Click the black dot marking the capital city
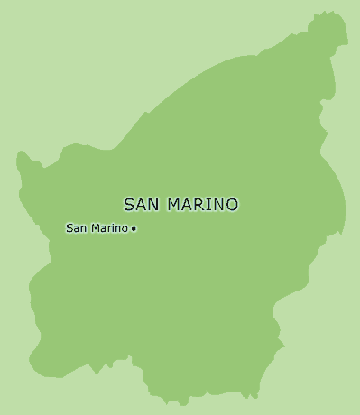(x=134, y=229)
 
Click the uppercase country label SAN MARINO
(x=180, y=205)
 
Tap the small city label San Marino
(x=97, y=228)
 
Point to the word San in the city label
(x=76, y=228)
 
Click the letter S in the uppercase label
(x=128, y=205)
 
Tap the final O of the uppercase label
(x=233, y=205)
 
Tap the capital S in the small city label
(x=69, y=228)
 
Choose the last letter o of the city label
(x=125, y=228)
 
